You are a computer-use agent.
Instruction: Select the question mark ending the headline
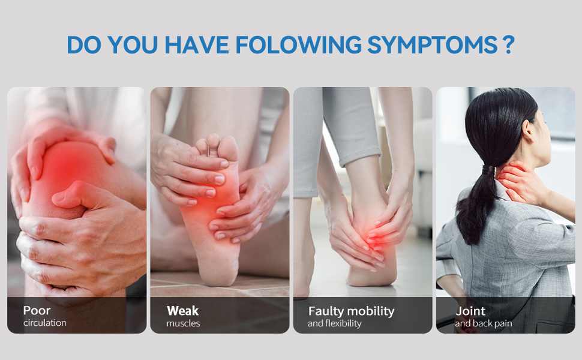[509, 46]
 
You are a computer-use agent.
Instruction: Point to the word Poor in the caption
[37, 311]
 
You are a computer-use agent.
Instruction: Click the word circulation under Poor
[45, 323]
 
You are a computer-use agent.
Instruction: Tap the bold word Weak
[182, 311]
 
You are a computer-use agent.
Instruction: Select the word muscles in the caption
[183, 323]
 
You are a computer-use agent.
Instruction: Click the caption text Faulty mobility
[351, 311]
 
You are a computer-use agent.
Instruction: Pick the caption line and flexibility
[334, 323]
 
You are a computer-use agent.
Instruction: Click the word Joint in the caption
[470, 311]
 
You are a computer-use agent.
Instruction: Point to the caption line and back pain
[483, 323]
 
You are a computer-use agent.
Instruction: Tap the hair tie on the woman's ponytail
[487, 170]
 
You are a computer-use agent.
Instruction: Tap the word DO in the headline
[83, 46]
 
